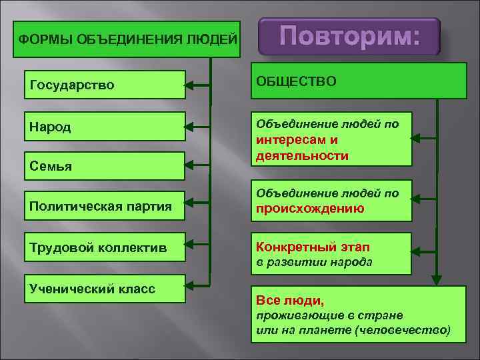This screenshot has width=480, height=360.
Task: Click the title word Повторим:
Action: [x=349, y=35]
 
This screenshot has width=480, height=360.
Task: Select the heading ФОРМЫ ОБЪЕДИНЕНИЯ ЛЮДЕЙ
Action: [x=127, y=39]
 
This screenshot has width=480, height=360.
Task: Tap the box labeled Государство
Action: [x=105, y=85]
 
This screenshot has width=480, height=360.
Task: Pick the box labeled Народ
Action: [x=105, y=127]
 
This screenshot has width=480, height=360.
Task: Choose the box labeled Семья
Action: [x=105, y=166]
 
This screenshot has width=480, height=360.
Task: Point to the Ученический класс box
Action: [x=105, y=289]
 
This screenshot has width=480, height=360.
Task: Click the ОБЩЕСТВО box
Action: [x=359, y=81]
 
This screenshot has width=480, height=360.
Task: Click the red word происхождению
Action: [x=309, y=208]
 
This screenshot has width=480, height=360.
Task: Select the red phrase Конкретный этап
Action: [x=304, y=247]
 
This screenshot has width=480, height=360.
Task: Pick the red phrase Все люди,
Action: [x=290, y=301]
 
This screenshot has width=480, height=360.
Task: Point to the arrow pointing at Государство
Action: [x=197, y=85]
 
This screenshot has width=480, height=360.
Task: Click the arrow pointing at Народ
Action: [x=197, y=127]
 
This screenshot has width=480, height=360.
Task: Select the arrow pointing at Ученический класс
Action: [x=197, y=288]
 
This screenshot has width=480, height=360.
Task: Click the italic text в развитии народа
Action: [x=314, y=262]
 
